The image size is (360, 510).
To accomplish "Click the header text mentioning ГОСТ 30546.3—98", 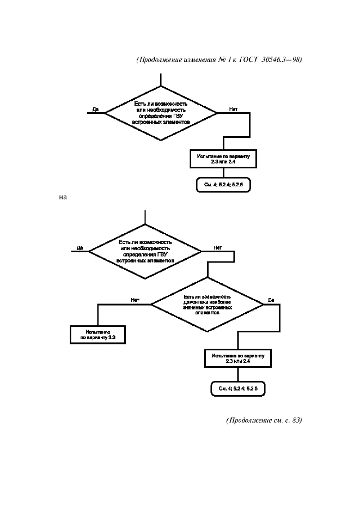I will click(218, 60).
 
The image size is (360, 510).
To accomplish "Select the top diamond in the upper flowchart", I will click(161, 113).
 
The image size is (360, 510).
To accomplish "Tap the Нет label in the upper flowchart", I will click(233, 110).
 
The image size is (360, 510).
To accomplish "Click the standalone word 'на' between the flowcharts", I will click(63, 197).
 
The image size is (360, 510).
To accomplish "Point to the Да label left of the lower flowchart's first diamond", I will click(80, 247).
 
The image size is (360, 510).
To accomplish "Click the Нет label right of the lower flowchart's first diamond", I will click(218, 247).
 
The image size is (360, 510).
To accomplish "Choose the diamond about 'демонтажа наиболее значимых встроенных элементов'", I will click(208, 305).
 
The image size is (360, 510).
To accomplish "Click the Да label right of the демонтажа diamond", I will click(271, 300).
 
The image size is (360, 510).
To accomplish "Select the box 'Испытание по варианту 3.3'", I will click(97, 334).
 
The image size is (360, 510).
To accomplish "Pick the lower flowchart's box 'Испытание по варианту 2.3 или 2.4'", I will click(238, 358).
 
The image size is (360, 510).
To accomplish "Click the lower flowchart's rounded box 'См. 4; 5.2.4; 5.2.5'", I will click(238, 388).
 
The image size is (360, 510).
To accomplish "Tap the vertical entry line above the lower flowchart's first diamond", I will click(145, 217).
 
